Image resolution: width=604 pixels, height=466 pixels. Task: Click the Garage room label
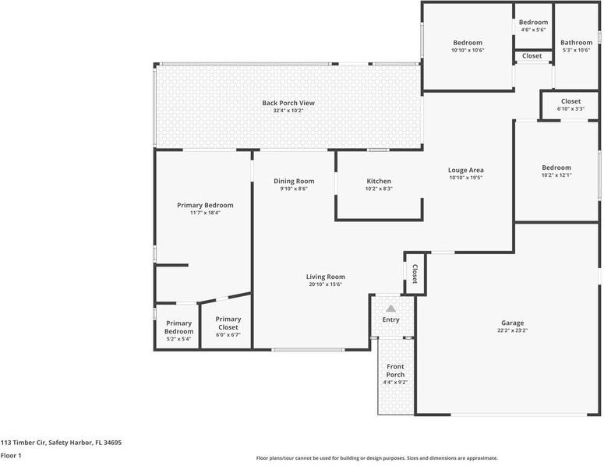point(512,323)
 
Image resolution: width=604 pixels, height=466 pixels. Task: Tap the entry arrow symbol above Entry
point(390,309)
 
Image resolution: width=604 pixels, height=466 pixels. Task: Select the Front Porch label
point(395,370)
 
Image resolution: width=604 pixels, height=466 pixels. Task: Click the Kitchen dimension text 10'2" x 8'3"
point(379,189)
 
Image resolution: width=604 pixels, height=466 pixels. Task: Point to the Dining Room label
point(293,181)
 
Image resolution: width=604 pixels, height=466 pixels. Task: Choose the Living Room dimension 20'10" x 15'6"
point(325,284)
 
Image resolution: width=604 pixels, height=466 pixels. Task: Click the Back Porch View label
point(288,103)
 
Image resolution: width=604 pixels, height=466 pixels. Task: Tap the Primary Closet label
point(228,323)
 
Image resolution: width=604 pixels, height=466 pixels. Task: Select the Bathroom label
point(576,43)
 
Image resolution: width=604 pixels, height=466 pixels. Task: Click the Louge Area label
point(466,170)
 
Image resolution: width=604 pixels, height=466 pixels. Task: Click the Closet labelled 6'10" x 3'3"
point(570,101)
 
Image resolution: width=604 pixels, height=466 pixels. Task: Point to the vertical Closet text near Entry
point(415,274)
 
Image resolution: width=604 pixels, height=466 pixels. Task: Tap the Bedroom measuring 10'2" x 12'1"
point(556,168)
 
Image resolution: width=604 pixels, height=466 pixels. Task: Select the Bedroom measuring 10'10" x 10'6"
point(468,43)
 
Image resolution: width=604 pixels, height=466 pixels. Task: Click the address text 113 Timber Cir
point(61,442)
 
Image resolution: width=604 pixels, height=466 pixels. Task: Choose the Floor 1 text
point(11,455)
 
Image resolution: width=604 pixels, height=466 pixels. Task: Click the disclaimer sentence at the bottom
point(376,458)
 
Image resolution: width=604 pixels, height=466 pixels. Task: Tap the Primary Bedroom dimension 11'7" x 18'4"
point(205,213)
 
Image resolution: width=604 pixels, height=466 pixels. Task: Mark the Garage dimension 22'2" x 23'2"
point(512,330)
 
